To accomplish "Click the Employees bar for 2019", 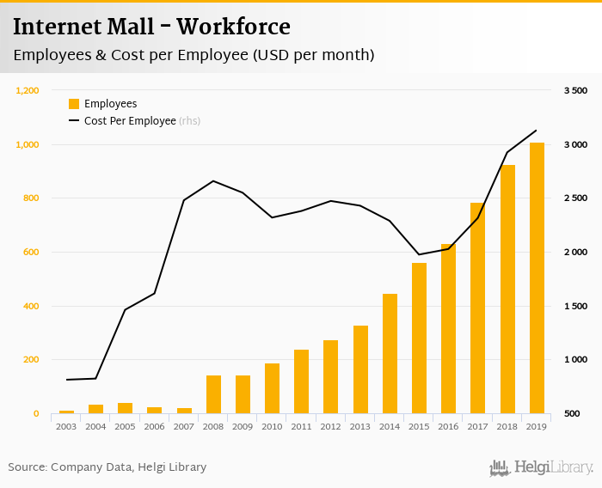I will [x=537, y=278].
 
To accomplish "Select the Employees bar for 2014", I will [x=390, y=354].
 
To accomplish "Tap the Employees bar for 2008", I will [x=213, y=394].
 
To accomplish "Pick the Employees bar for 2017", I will [x=478, y=308].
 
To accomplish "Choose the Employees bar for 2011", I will [x=302, y=381].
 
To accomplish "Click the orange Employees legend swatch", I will [x=74, y=104].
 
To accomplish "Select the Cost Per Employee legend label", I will [x=130, y=121].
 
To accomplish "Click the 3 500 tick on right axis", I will [x=575, y=90].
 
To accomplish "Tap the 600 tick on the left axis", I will [x=32, y=252].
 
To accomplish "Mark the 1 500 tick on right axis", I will [x=575, y=306].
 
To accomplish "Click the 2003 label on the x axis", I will [x=66, y=426].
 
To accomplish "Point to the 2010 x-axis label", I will [x=272, y=426].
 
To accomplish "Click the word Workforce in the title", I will [x=234, y=27].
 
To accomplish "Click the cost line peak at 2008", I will [x=213, y=180].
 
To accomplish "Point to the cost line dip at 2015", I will [x=419, y=254].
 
